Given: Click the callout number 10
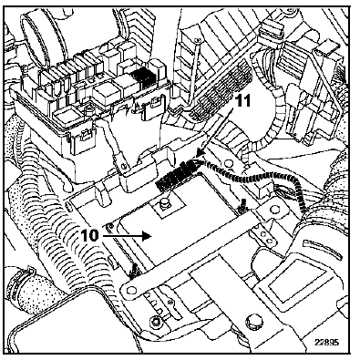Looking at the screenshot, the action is (89, 235).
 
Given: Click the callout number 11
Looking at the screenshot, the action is (243, 101).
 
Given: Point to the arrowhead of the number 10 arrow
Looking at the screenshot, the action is (148, 235).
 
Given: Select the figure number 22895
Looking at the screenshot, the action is (326, 342).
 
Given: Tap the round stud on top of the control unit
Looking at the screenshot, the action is (164, 203).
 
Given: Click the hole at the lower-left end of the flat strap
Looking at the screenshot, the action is (131, 291).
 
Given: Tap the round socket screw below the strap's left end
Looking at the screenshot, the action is (156, 321).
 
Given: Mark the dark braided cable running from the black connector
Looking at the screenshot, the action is (262, 180).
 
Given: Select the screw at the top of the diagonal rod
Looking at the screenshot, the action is (198, 39).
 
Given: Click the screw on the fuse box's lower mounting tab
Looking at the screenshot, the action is (123, 166).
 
